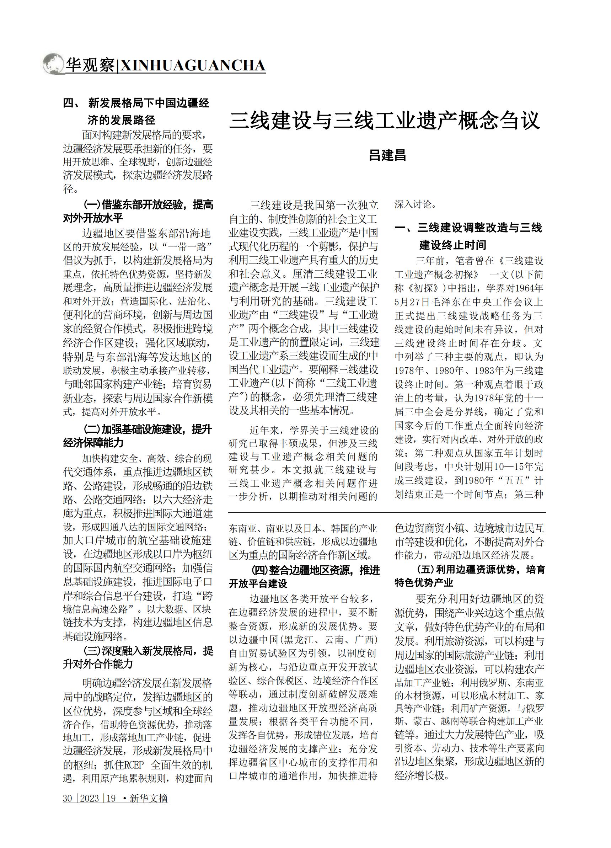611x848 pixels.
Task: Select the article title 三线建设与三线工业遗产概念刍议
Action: [x=385, y=120]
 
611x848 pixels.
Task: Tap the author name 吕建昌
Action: [x=387, y=155]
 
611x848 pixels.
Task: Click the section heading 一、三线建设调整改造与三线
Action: [x=468, y=227]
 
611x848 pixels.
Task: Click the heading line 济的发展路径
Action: [x=122, y=120]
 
